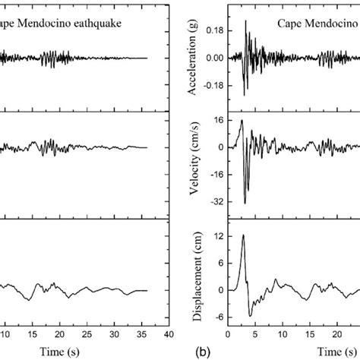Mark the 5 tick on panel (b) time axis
click(x=255, y=333)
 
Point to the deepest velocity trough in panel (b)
click(x=245, y=203)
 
